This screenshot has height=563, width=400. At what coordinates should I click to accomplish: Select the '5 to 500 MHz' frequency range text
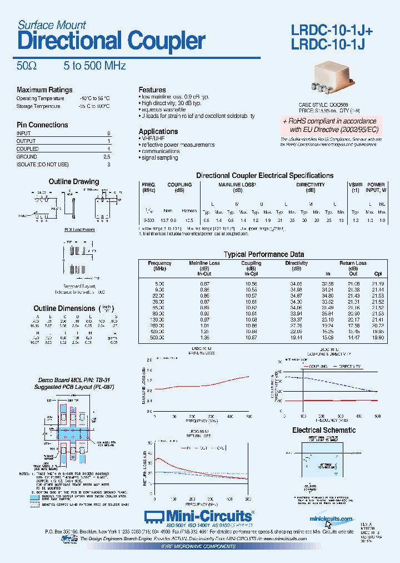(x=94, y=66)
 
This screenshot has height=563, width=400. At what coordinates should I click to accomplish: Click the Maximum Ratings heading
(x=44, y=90)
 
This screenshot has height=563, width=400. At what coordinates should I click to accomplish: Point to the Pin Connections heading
(x=42, y=125)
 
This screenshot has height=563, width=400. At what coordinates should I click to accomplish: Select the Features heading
(x=152, y=90)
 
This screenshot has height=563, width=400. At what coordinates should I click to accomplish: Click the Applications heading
(x=158, y=131)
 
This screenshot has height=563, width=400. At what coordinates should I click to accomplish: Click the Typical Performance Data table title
(x=264, y=254)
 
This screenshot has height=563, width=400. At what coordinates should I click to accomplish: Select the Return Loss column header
(x=353, y=263)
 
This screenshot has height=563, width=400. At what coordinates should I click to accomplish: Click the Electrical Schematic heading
(x=324, y=430)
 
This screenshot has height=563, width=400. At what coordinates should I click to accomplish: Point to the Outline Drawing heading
(x=73, y=181)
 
